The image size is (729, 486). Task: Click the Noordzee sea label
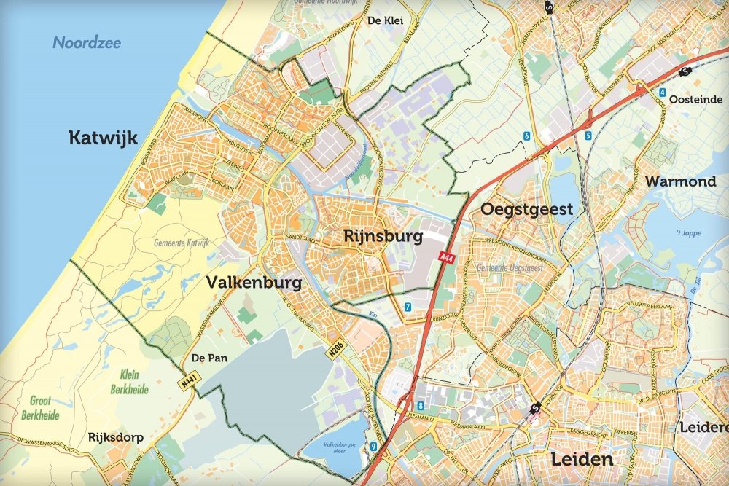87,42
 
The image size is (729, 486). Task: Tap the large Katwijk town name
103,138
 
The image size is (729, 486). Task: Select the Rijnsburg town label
384,237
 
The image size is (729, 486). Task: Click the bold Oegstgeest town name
526,210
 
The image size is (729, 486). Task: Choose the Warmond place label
681,181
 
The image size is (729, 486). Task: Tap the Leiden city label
581,460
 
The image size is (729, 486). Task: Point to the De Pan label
206,358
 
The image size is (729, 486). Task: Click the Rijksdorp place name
115,438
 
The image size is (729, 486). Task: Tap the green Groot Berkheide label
45,408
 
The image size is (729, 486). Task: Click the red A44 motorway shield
447,256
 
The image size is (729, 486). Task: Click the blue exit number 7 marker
408,307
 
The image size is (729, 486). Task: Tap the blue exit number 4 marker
662,93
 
